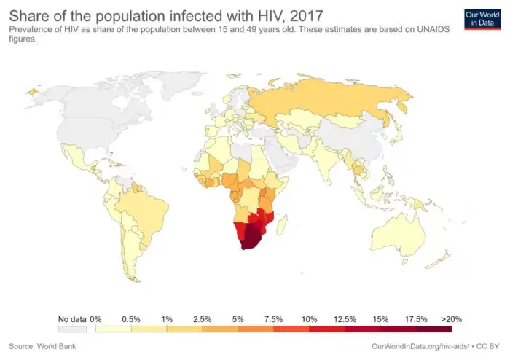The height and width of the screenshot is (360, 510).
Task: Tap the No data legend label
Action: tap(72, 319)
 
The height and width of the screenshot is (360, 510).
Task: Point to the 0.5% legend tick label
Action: tap(131, 319)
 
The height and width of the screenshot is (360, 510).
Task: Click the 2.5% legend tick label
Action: tap(202, 319)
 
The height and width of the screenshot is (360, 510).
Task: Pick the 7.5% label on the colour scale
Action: tap(273, 319)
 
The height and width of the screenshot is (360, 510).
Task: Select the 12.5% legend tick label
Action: tap(344, 319)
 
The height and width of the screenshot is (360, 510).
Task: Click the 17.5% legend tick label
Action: tap(415, 319)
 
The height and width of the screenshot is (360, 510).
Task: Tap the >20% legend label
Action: tap(451, 319)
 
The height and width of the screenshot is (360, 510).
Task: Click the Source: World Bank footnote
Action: tap(42, 345)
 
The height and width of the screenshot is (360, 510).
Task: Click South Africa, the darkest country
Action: tap(252, 236)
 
